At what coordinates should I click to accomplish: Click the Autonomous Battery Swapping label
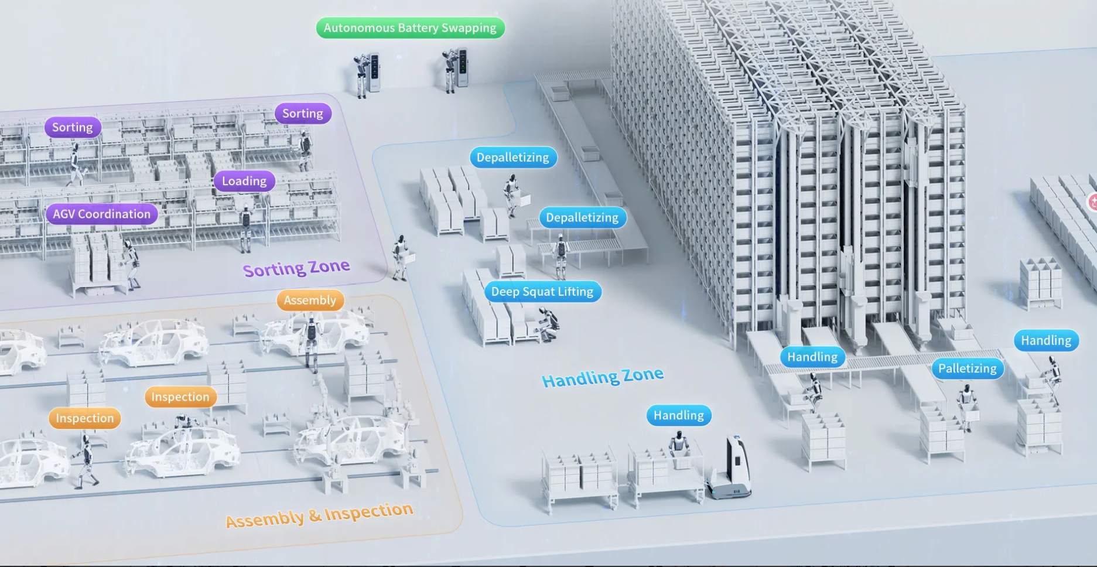pos(410,28)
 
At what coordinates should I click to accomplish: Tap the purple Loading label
pos(244,181)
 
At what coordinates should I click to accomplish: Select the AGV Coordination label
pos(102,214)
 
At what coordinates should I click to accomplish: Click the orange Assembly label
pos(310,300)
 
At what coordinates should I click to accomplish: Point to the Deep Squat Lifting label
pos(542,292)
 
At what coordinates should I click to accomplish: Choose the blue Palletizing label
pos(968,368)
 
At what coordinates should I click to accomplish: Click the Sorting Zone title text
pos(296,268)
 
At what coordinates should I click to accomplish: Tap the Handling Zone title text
pos(603,377)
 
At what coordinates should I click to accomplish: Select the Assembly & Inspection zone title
pos(319,515)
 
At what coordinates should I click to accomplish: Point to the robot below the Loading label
pos(246,228)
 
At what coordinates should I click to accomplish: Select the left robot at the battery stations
pos(361,75)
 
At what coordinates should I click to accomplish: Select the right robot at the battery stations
pos(450,70)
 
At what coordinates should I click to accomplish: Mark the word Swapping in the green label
pos(469,28)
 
